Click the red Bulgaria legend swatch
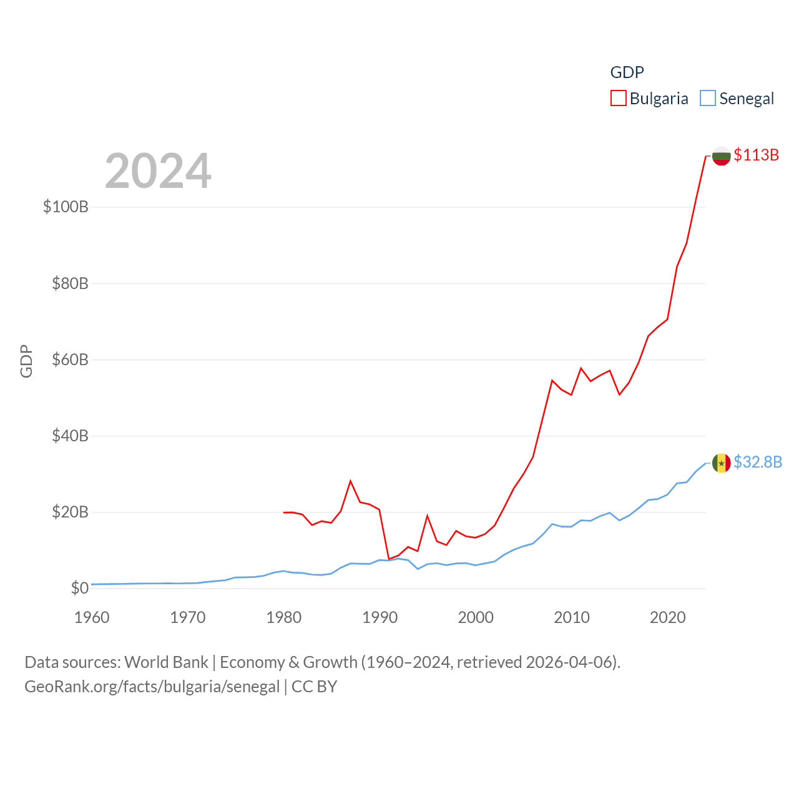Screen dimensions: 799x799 (x=618, y=99)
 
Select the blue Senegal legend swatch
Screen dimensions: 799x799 (x=707, y=99)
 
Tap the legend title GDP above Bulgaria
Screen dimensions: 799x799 (x=627, y=72)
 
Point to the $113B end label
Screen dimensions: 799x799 (x=756, y=155)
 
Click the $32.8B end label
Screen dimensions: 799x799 (x=758, y=462)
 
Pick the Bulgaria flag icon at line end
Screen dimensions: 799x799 (x=722, y=156)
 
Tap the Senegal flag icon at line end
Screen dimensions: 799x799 (x=722, y=463)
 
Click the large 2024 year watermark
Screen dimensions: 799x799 (x=158, y=171)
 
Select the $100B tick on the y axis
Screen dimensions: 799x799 (x=66, y=207)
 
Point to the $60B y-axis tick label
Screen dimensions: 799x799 (x=70, y=360)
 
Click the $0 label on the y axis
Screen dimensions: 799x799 (x=79, y=588)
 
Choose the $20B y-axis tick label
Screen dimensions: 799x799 (x=70, y=512)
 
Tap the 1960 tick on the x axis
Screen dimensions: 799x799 (x=92, y=617)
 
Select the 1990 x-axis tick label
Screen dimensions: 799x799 (x=380, y=617)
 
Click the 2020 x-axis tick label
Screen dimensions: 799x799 (x=667, y=617)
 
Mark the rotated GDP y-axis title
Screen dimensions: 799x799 (x=26, y=361)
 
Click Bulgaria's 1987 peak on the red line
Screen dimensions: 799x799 (x=351, y=481)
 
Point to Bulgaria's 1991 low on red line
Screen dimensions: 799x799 (x=389, y=559)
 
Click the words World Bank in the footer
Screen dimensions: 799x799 (x=166, y=662)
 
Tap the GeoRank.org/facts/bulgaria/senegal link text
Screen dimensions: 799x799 (x=152, y=687)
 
